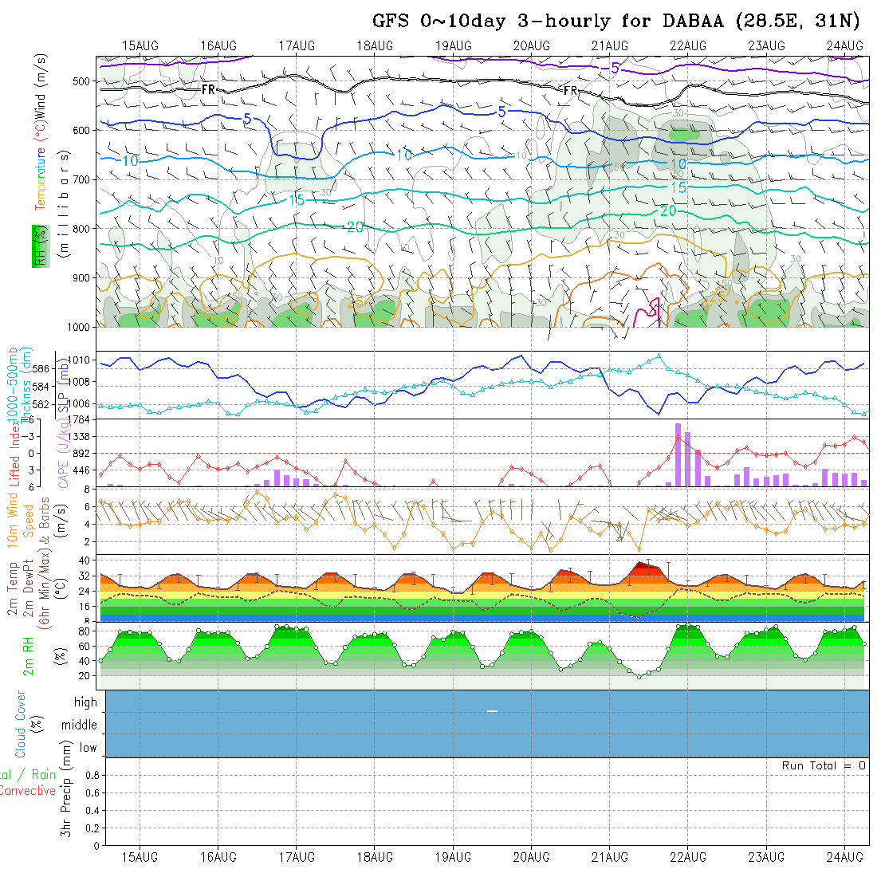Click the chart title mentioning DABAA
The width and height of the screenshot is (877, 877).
[616, 22]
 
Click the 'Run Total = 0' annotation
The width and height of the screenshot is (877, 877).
[824, 765]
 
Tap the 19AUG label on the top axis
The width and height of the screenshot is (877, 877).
[453, 45]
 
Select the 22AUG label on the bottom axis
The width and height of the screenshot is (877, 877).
[688, 857]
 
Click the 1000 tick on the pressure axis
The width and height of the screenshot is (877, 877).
[79, 327]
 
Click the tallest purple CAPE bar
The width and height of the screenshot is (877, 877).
[678, 454]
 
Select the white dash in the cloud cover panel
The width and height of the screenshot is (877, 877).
[492, 710]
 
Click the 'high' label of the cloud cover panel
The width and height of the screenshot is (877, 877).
[85, 702]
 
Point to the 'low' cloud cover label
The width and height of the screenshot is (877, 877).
[88, 748]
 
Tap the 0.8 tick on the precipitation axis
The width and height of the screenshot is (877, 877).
[92, 775]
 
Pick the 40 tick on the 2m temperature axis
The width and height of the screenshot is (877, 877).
[81, 560]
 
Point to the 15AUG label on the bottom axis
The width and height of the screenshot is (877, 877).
[140, 857]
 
